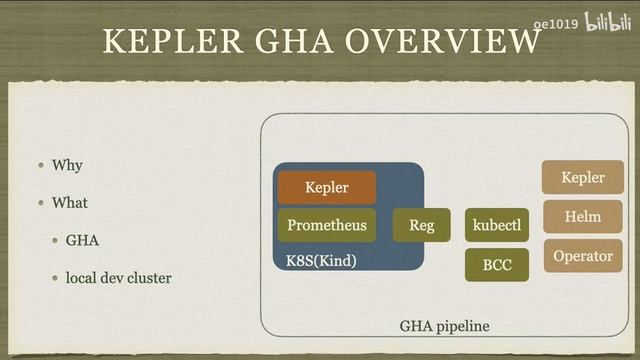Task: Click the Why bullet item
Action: (67, 165)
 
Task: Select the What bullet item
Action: (70, 202)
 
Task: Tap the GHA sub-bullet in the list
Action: (83, 240)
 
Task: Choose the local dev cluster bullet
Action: (119, 277)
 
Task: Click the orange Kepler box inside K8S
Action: (327, 187)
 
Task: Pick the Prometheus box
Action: (327, 225)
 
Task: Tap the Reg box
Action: (421, 225)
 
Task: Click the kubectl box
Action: (497, 225)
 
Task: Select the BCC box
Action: (497, 265)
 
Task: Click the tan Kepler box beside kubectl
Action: (583, 177)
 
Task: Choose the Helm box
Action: (583, 216)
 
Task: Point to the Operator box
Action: (583, 256)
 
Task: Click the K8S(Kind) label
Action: (322, 261)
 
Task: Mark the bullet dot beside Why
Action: (41, 165)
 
